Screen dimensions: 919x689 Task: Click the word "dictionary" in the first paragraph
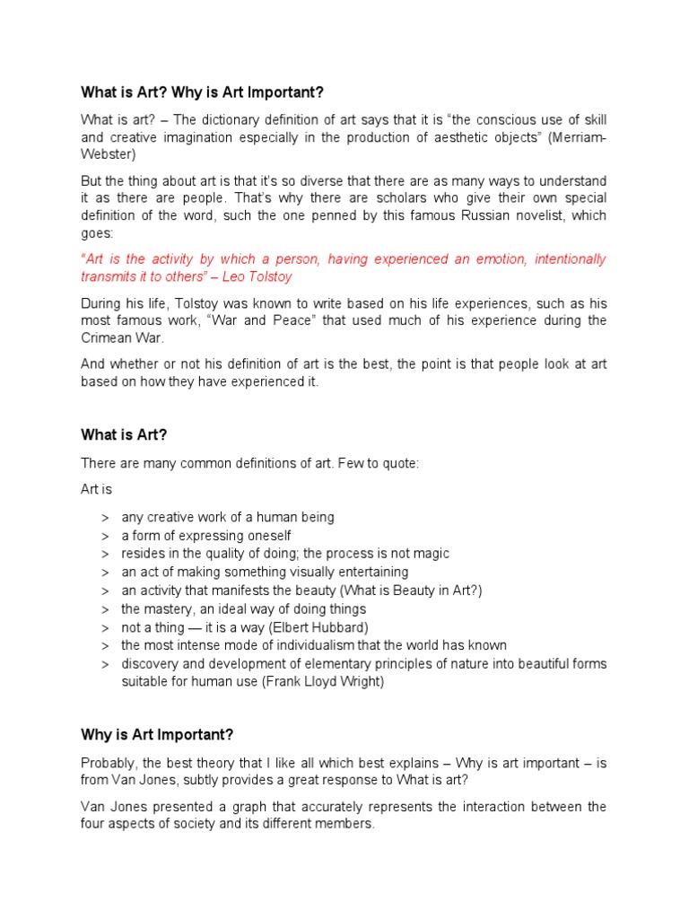214,120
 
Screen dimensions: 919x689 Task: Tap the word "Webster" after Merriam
107,154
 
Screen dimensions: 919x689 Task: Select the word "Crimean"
110,338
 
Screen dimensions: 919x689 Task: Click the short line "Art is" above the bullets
97,490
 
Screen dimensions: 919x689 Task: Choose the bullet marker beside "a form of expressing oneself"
105,536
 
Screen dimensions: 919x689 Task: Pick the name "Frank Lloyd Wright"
305,682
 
